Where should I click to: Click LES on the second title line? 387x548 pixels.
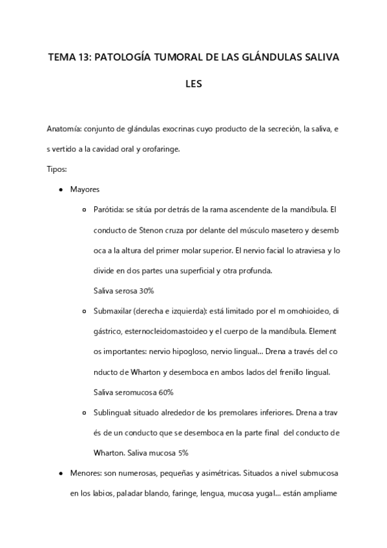[194, 83]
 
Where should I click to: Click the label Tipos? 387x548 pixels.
[57, 169]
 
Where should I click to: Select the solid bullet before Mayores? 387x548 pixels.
[60, 189]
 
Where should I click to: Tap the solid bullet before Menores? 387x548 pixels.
[60, 473]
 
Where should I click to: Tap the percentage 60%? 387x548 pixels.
[163, 392]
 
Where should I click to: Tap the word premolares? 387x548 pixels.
[213, 412]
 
